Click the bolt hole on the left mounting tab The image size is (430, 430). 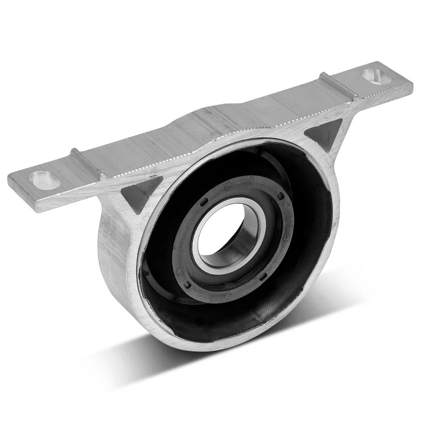(44, 180)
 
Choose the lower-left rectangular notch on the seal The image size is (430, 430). (187, 284)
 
